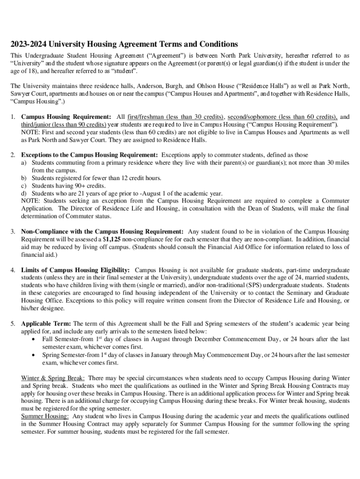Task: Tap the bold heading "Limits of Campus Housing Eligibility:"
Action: [x=76, y=270]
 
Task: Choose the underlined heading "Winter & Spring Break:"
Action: [x=53, y=377]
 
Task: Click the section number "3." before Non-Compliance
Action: [x=14, y=232]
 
